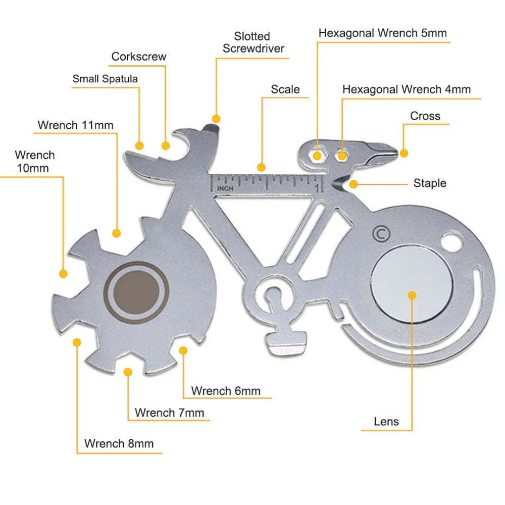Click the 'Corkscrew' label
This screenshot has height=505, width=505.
(x=138, y=57)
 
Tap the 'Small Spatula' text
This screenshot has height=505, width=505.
(x=105, y=79)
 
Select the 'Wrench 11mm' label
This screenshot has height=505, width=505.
(x=76, y=125)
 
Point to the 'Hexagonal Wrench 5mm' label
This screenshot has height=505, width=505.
(x=382, y=33)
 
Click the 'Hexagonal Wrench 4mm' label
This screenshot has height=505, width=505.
(x=406, y=89)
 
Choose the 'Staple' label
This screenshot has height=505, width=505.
(x=430, y=183)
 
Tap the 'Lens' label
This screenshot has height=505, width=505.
(x=386, y=421)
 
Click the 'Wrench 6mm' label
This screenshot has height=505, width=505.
(x=226, y=390)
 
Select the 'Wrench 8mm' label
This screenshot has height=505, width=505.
(x=119, y=444)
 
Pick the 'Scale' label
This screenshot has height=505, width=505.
(x=285, y=89)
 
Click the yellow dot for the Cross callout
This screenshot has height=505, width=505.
(x=404, y=153)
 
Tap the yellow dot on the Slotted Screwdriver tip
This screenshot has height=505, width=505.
(x=216, y=119)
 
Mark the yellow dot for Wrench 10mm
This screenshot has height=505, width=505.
(x=63, y=274)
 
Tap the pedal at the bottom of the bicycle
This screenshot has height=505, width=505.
(x=286, y=350)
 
